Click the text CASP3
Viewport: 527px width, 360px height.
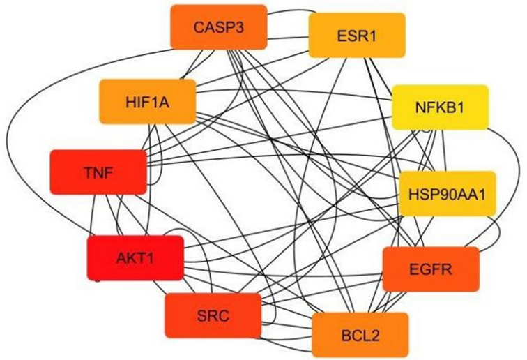tap(218, 28)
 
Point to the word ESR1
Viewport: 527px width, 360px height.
tap(356, 35)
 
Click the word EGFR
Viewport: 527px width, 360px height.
tap(431, 269)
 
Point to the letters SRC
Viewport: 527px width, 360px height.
tap(213, 315)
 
